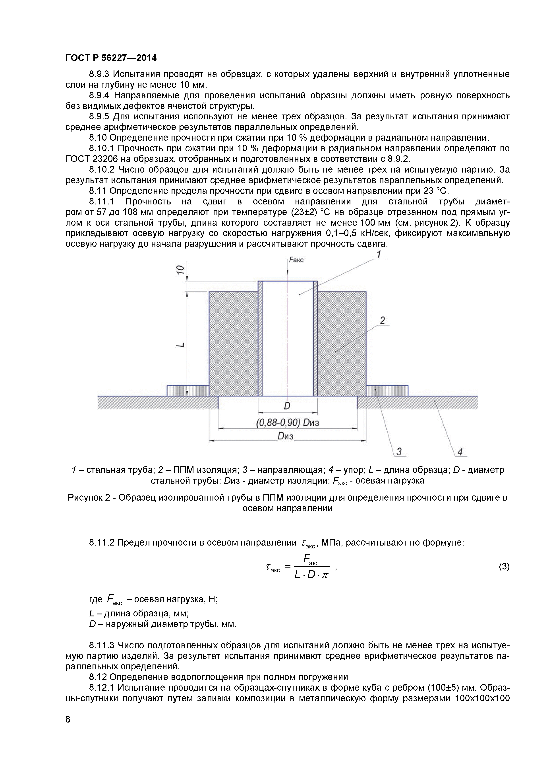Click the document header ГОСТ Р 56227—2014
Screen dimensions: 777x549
tap(111, 58)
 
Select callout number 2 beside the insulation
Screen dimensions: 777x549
tap(382, 320)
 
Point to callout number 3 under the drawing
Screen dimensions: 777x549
tap(399, 451)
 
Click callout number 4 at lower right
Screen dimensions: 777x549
tap(460, 451)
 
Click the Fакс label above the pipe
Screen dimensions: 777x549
tap(296, 260)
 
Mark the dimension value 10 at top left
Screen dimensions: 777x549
tap(181, 270)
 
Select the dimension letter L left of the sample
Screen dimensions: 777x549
tap(181, 344)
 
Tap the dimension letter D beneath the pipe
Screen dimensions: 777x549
tap(287, 406)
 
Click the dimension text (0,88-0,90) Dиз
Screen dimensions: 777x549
tap(288, 422)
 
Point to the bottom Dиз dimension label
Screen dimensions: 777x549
tap(285, 436)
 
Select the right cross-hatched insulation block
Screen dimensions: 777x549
tap(342, 344)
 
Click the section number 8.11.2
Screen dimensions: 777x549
tap(101, 543)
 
